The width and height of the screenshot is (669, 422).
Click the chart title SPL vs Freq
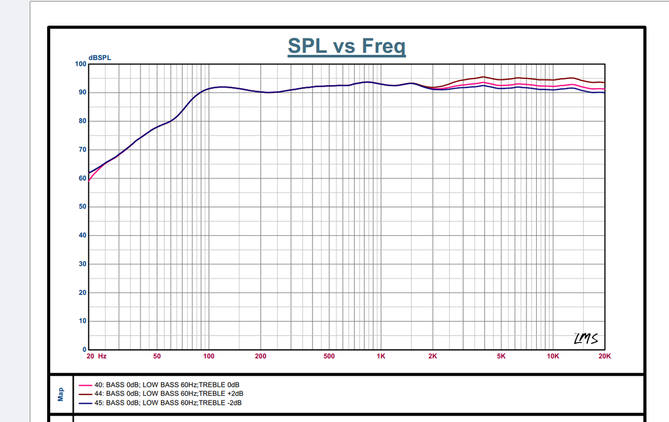coord(347,47)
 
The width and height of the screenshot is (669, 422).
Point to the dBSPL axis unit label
coord(99,58)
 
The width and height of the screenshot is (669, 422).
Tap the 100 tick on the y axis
coord(80,64)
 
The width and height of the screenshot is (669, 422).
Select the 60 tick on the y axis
coord(82,178)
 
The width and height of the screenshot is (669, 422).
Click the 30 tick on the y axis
coord(82,264)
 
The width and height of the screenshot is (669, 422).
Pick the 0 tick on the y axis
coord(84,349)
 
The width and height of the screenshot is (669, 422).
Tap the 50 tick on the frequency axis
coord(157,356)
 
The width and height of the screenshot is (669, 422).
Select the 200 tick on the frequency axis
coord(260,356)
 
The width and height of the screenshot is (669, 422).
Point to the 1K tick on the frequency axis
coord(380,356)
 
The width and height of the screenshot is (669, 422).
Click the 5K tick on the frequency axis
coord(501,356)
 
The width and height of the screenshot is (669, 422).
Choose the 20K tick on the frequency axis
coord(604,356)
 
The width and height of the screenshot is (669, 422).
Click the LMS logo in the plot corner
coord(586,339)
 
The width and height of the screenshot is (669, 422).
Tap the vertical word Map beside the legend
coord(61,394)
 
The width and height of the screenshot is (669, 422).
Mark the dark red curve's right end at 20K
coord(604,83)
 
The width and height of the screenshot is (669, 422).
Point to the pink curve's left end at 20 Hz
coord(89,181)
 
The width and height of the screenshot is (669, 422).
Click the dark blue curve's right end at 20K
coord(604,93)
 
